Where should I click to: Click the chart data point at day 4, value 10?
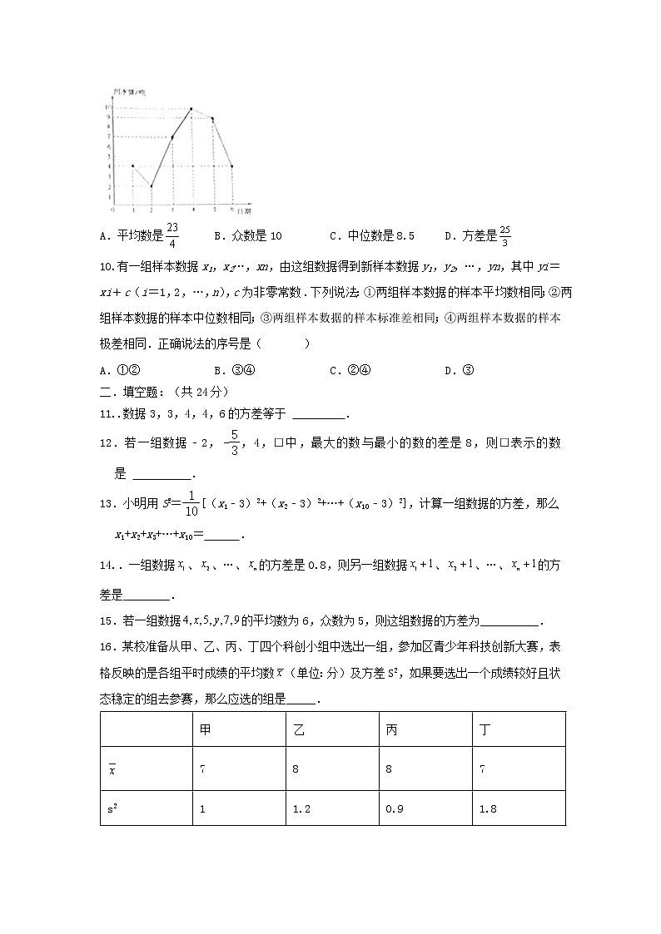tap(192, 109)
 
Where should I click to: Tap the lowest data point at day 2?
tap(152, 186)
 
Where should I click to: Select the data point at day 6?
tap(231, 166)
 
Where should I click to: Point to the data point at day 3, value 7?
tap(172, 137)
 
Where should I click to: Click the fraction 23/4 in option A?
tap(171, 235)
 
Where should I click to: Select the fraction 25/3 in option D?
tap(504, 235)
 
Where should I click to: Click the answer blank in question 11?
tap(319, 414)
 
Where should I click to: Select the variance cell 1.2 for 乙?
tap(301, 808)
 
